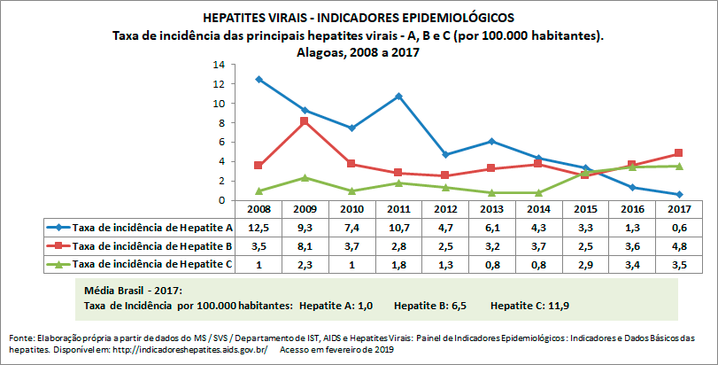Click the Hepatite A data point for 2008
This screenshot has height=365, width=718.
coord(258,79)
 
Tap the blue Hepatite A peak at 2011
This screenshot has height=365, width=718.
coord(400,96)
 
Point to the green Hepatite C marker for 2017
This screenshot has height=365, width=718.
coord(679,166)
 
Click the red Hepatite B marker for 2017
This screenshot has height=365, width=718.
coord(679,153)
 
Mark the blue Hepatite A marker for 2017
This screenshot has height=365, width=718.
coord(679,194)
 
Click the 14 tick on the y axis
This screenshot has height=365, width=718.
coord(222,65)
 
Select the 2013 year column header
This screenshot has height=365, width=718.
coord(493,210)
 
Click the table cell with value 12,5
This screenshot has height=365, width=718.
coord(258,228)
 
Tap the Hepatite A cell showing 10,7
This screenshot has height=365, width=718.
coord(399,228)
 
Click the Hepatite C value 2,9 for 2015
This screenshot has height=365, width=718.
coord(586,263)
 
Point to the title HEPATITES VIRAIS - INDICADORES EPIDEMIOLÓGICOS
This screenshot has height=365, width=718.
coord(358,18)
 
